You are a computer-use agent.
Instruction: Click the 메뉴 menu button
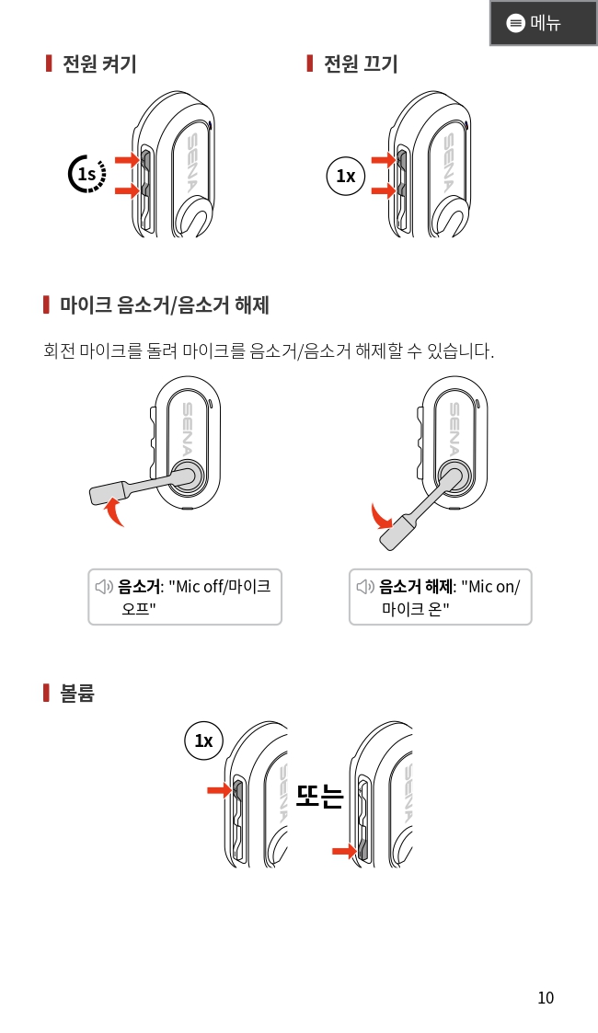(x=544, y=23)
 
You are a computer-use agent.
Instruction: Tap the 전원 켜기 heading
(x=99, y=63)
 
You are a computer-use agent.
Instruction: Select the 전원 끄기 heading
(x=361, y=63)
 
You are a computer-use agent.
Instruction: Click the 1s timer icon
(x=86, y=174)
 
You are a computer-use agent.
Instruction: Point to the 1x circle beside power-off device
(x=346, y=176)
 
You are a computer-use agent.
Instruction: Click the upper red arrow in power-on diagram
(x=127, y=159)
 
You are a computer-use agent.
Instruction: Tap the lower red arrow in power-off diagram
(x=384, y=190)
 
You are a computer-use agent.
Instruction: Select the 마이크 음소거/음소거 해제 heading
(x=165, y=305)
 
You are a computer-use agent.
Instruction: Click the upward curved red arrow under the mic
(x=115, y=511)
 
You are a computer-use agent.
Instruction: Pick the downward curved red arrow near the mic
(x=381, y=517)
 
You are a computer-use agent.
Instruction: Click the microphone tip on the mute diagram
(x=107, y=493)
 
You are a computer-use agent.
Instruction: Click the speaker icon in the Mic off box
(x=104, y=586)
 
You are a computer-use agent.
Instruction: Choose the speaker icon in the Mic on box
(x=365, y=586)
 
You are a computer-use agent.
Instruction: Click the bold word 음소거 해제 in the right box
(x=416, y=586)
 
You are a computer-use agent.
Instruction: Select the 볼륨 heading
(x=77, y=693)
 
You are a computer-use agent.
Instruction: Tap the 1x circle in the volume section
(x=203, y=741)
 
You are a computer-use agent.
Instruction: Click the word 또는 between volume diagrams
(x=319, y=795)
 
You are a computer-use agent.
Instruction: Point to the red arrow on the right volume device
(x=344, y=852)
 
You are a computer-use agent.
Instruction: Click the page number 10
(x=546, y=998)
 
